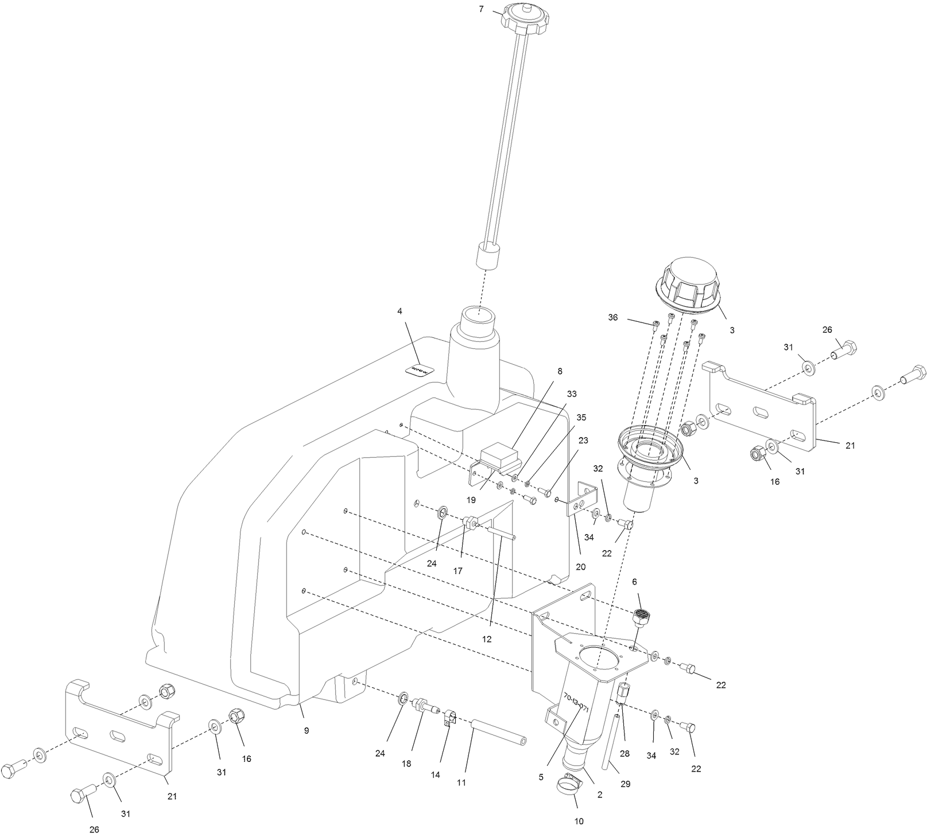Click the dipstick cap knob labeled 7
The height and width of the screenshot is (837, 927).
coord(522,17)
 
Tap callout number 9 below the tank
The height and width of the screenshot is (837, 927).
coord(307,730)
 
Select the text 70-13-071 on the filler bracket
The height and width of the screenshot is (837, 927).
coord(576,703)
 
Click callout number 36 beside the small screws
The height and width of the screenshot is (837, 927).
coord(613,317)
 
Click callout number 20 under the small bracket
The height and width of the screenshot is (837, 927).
coord(580,567)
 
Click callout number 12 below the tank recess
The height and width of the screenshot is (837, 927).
coord(487,639)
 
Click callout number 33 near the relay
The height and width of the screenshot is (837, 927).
coord(572,394)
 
